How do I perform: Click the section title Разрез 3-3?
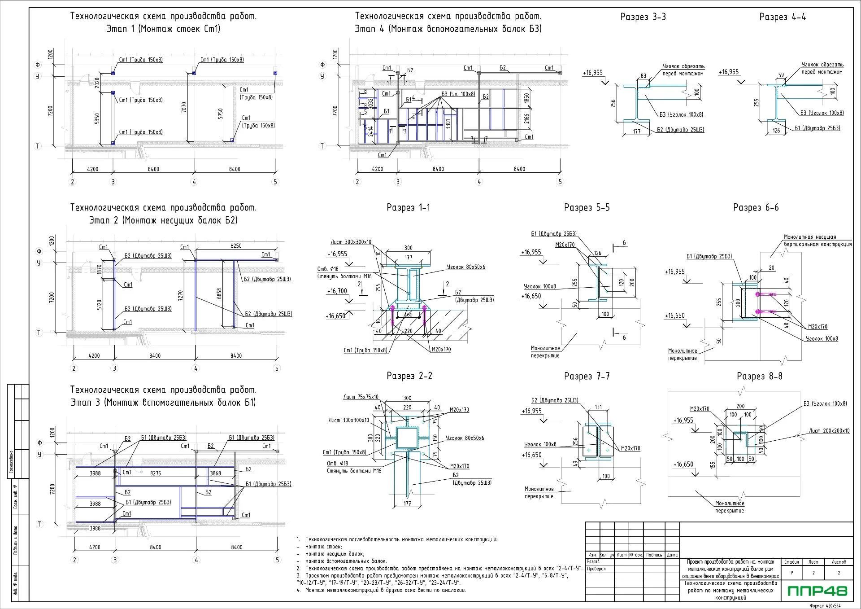pyautogui.click(x=643, y=17)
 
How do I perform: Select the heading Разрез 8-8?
pyautogui.click(x=759, y=377)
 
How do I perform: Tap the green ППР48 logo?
pyautogui.click(x=818, y=591)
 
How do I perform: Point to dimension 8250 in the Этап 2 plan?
pyautogui.click(x=236, y=246)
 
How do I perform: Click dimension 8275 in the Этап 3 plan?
pyautogui.click(x=156, y=473)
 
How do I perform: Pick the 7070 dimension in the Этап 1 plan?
pyautogui.click(x=184, y=107)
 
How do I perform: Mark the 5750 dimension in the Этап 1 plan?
pyautogui.click(x=220, y=114)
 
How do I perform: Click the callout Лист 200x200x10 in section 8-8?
pyautogui.click(x=829, y=431)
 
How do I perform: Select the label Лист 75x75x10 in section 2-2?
pyautogui.click(x=361, y=397)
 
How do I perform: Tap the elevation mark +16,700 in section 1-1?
pyautogui.click(x=337, y=291)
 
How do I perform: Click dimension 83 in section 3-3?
pyautogui.click(x=644, y=76)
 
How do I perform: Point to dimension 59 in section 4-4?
pyautogui.click(x=781, y=75)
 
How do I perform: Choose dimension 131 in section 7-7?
pyautogui.click(x=598, y=407)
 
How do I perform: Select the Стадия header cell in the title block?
pyautogui.click(x=791, y=562)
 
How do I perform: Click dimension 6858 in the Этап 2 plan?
pyautogui.click(x=219, y=294)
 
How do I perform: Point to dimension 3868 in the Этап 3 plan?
pyautogui.click(x=215, y=473)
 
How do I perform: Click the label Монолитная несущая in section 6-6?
pyautogui.click(x=810, y=237)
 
